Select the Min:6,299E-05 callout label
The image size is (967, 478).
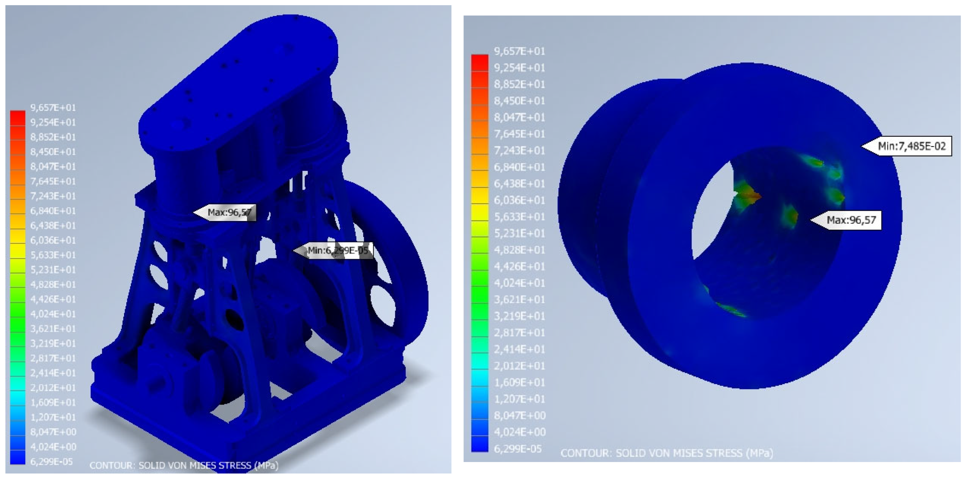(x=333, y=250)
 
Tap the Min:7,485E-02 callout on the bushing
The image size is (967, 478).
(x=906, y=146)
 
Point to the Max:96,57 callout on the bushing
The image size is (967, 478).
(x=846, y=220)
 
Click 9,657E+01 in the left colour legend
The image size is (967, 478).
(x=53, y=108)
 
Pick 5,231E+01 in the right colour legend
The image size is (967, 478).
(x=520, y=233)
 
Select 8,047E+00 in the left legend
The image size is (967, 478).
(x=53, y=432)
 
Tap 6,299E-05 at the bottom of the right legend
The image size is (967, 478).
(x=518, y=448)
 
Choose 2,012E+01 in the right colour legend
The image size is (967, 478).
(x=520, y=366)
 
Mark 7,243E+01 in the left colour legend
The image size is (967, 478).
(x=53, y=196)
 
